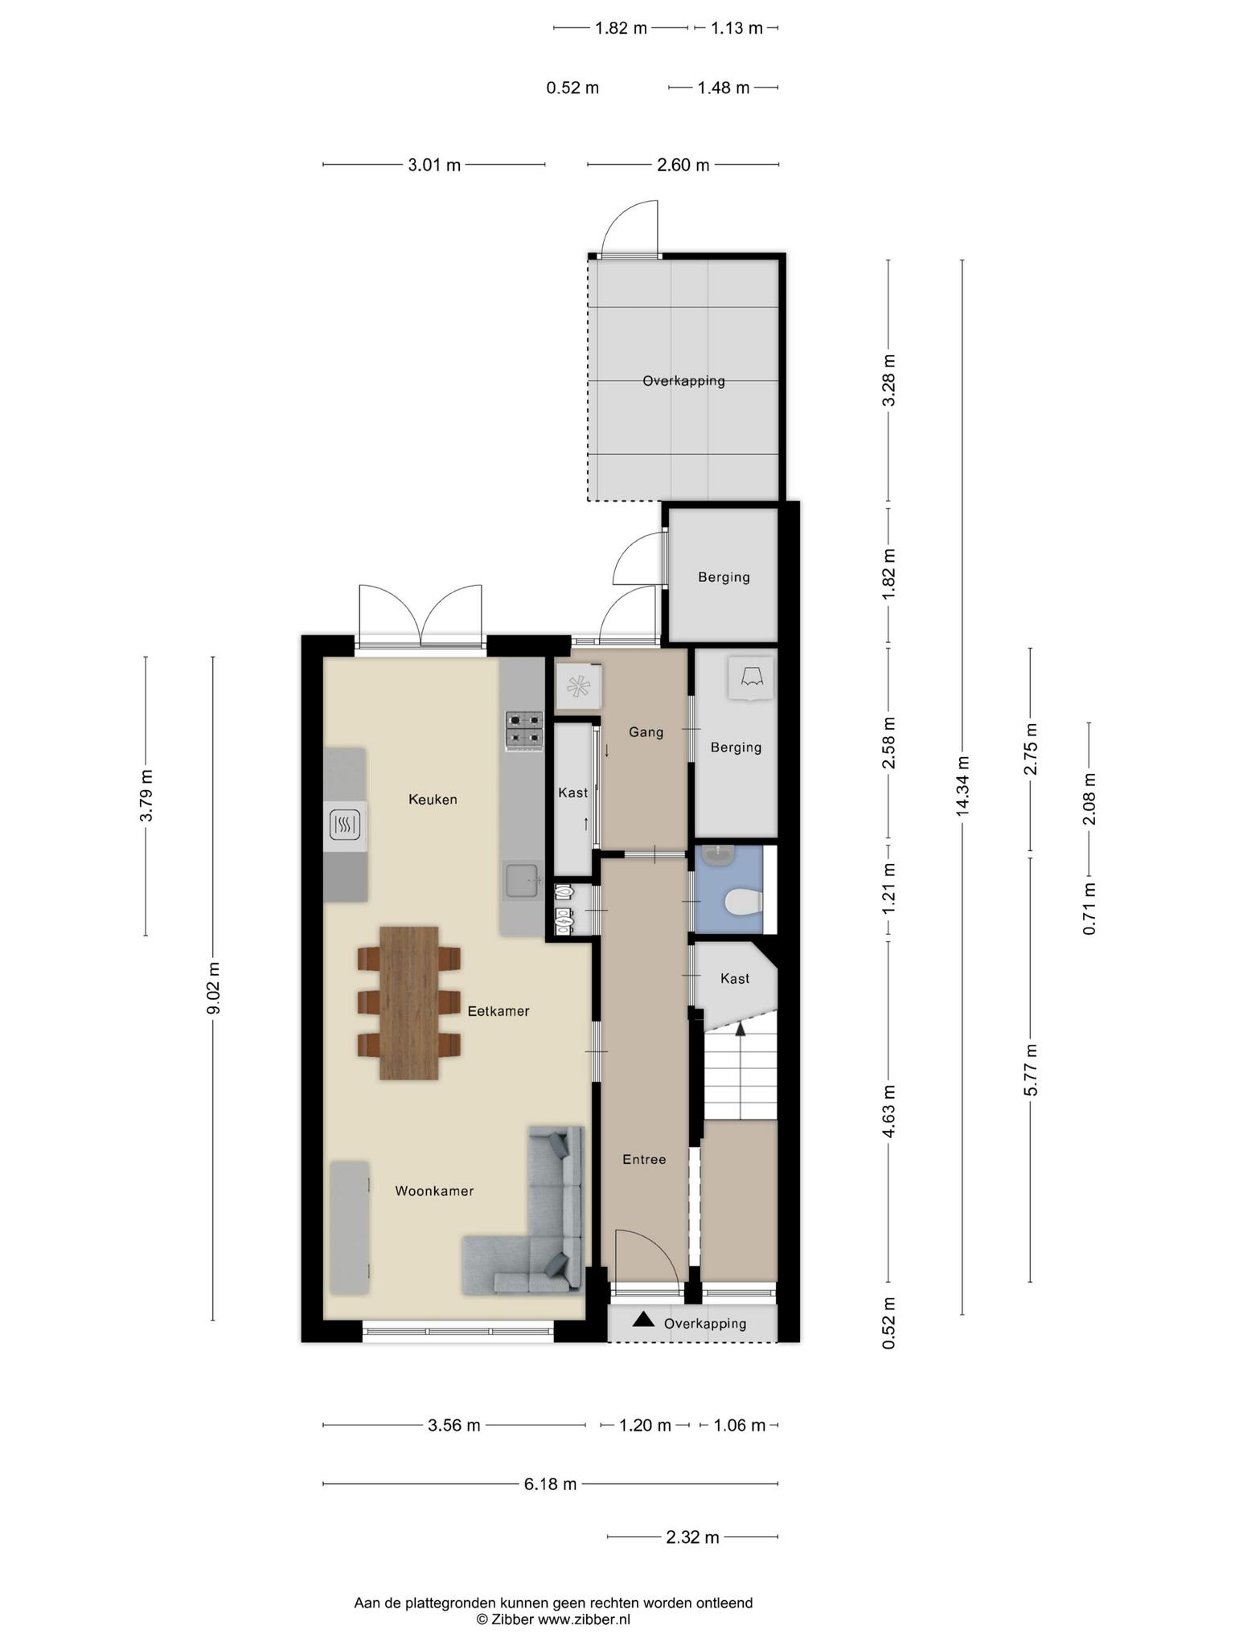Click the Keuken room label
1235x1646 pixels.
(433, 799)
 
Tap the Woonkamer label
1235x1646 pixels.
(434, 1191)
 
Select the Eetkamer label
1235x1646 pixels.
(499, 1011)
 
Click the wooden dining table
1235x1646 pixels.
(409, 1003)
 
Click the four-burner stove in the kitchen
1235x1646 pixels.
(523, 731)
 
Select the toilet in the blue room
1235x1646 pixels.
(742, 903)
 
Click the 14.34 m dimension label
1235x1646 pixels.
(962, 786)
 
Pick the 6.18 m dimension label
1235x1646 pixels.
(551, 1484)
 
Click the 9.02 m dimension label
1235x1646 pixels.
(213, 989)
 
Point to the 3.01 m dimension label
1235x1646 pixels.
(434, 166)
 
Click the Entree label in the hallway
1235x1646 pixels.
(644, 1160)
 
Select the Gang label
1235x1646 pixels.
(646, 732)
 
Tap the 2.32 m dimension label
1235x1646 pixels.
(693, 1537)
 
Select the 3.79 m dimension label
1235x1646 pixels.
(146, 796)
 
